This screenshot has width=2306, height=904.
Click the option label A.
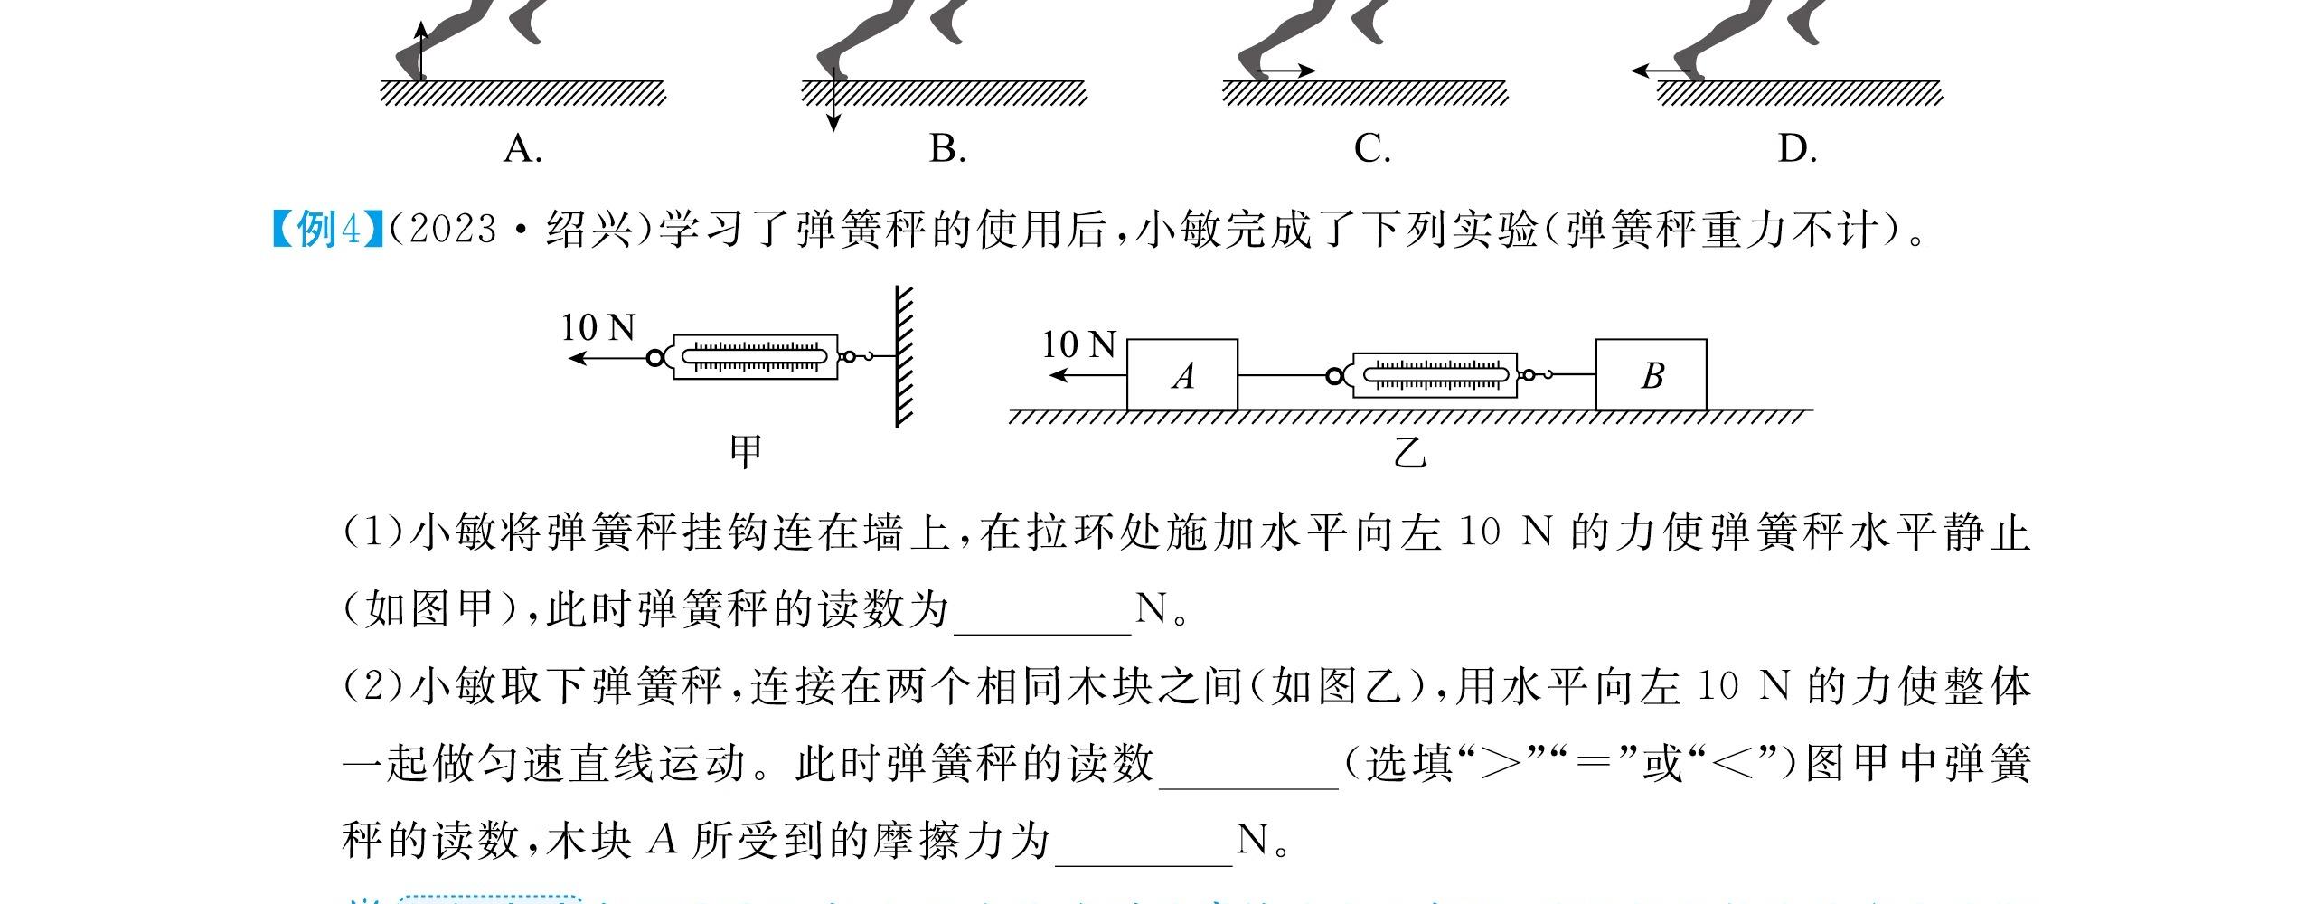click(522, 149)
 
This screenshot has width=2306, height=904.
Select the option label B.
click(947, 149)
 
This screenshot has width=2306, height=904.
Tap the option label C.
click(1371, 149)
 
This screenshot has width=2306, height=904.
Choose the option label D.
click(1796, 149)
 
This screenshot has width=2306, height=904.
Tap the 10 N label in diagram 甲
click(598, 327)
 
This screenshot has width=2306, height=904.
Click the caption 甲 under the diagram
click(746, 450)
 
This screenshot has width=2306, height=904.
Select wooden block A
click(1181, 375)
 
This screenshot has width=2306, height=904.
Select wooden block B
click(1651, 375)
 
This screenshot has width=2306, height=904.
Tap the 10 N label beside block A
click(1078, 345)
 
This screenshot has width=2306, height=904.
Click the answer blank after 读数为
click(1042, 615)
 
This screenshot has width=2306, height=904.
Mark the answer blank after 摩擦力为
click(1144, 845)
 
